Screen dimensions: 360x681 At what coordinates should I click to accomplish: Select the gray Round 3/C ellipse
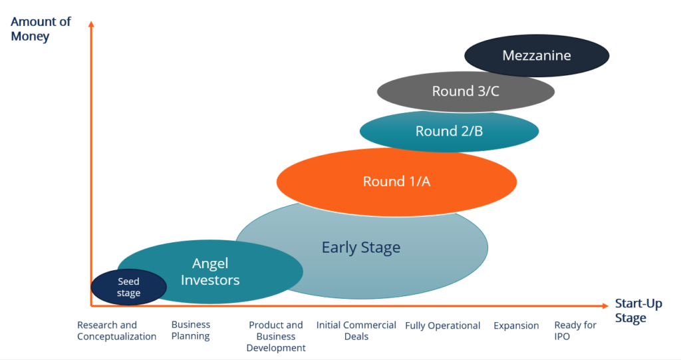tap(466, 91)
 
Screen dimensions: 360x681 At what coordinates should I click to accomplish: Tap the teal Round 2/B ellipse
tap(449, 131)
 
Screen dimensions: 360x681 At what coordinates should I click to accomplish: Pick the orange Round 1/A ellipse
tap(396, 181)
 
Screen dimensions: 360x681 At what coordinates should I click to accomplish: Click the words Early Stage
tap(361, 248)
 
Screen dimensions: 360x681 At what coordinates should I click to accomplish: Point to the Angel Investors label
tap(210, 271)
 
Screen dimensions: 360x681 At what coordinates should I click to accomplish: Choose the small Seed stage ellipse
tap(128, 287)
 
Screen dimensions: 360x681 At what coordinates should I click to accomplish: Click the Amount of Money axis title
tap(41, 29)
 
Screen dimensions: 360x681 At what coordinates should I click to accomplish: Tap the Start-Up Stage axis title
tap(638, 311)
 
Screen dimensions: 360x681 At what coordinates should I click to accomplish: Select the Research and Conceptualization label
tap(116, 331)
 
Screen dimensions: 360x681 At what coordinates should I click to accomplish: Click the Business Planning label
tap(191, 330)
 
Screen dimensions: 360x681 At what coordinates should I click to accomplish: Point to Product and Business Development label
tap(275, 336)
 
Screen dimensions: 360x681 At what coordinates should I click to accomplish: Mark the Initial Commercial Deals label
tap(356, 331)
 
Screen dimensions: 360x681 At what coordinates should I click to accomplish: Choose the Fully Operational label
tap(442, 325)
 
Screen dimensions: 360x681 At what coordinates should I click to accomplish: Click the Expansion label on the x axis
tap(516, 325)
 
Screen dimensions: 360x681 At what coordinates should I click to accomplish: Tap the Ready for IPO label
tap(575, 331)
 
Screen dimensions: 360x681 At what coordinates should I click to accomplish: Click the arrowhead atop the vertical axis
tap(91, 25)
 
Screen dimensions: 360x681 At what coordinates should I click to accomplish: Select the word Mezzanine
tap(536, 55)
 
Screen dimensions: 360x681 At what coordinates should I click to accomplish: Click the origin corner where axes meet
tap(91, 305)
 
